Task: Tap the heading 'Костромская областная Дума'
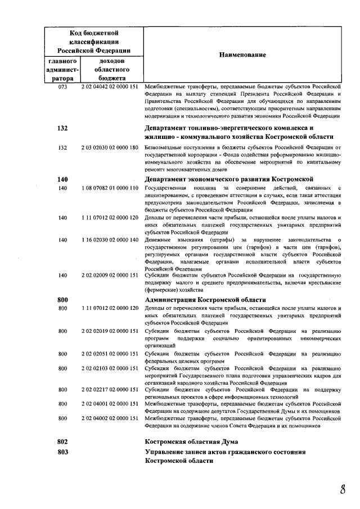(x=191, y=442)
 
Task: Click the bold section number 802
(x=62, y=442)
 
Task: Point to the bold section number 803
(x=62, y=452)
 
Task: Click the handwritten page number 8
(x=342, y=489)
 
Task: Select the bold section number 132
(x=62, y=128)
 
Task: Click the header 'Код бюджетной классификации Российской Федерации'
(x=93, y=42)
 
